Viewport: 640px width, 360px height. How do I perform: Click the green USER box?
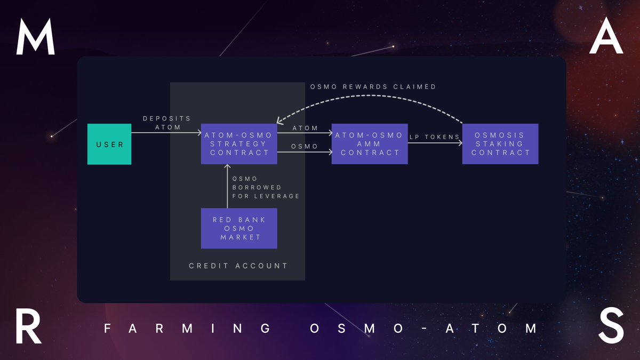(109, 144)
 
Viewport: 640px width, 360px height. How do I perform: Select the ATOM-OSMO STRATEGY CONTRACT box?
(239, 144)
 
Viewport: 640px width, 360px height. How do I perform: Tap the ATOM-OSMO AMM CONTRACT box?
(370, 144)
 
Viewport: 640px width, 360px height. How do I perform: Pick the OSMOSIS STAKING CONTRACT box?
(500, 144)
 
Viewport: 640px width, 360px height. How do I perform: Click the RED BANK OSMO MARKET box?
(239, 228)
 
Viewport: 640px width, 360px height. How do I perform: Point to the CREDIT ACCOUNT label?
(238, 266)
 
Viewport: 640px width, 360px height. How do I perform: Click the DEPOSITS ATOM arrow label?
(166, 122)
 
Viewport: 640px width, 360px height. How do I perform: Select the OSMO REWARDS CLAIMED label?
(373, 86)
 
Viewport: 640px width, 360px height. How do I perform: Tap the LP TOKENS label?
(435, 137)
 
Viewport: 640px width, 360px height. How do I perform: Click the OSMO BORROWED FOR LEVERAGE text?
(266, 187)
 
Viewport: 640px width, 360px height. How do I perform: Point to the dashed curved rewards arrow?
(373, 99)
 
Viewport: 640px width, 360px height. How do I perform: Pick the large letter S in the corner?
(611, 327)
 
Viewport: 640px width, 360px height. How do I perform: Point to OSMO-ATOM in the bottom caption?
(423, 328)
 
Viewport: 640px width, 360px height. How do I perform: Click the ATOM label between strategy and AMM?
(305, 128)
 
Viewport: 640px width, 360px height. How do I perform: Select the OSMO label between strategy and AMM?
(305, 146)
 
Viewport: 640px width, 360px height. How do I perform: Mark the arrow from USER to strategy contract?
(165, 133)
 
